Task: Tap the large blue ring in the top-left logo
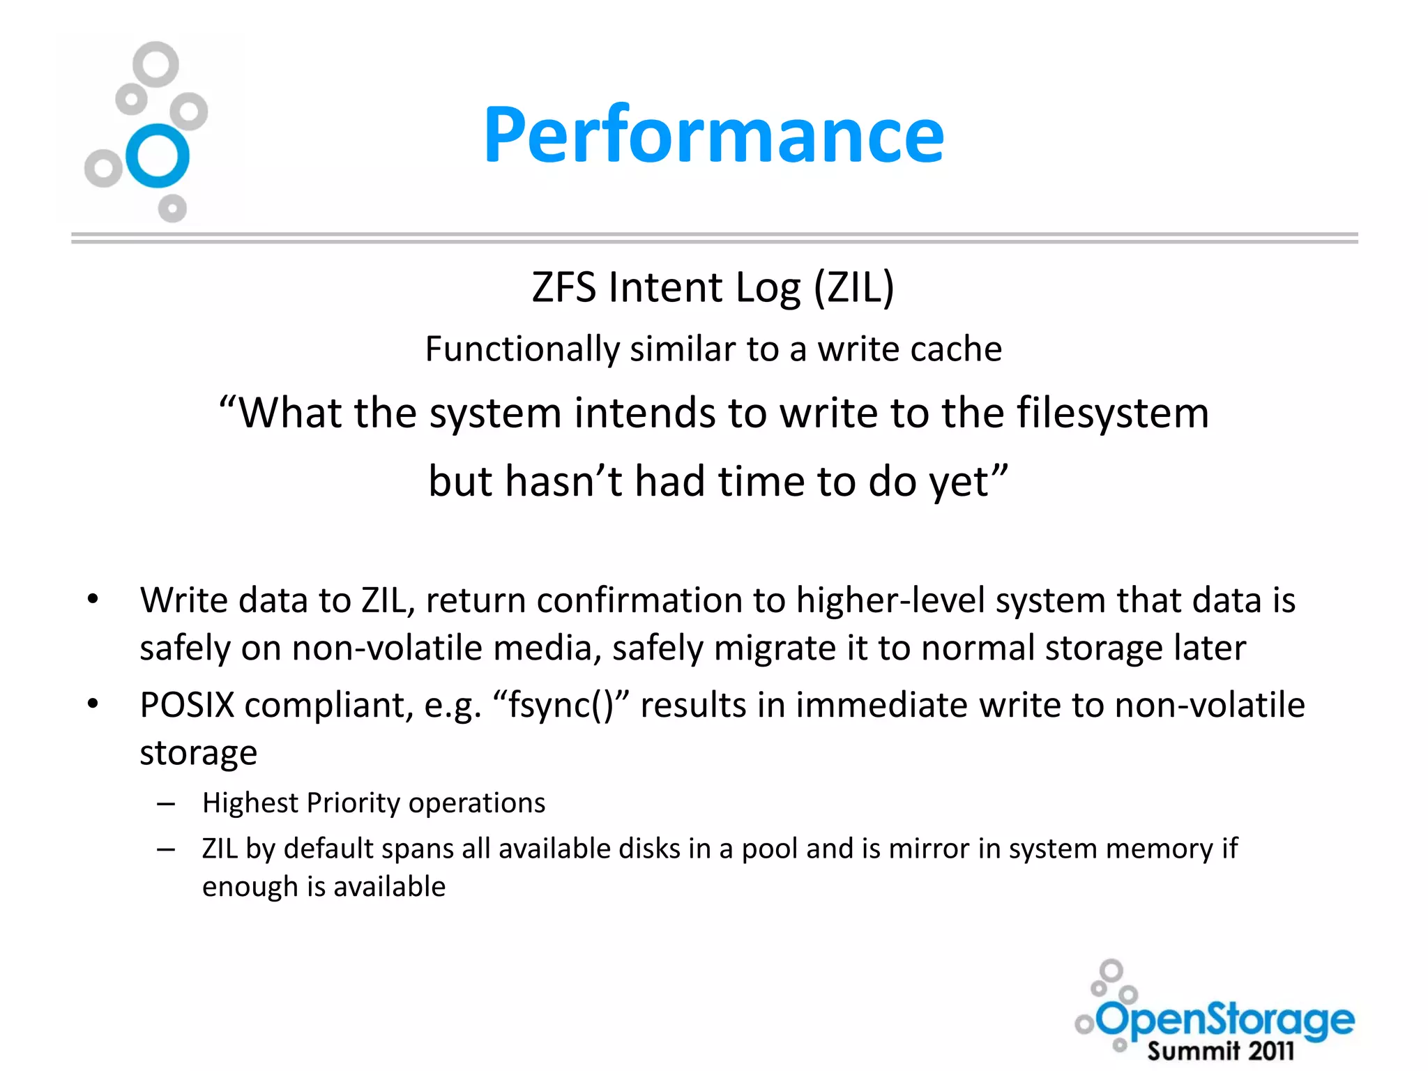[x=158, y=155]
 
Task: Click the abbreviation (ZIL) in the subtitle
[x=854, y=287]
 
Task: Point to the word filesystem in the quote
[x=1112, y=413]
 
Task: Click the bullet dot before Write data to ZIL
[x=93, y=600]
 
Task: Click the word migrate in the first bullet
[x=775, y=648]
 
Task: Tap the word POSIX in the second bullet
[x=187, y=705]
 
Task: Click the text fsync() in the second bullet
[x=561, y=705]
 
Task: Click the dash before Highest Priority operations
[x=166, y=804]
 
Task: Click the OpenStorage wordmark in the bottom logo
[x=1226, y=1019]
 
